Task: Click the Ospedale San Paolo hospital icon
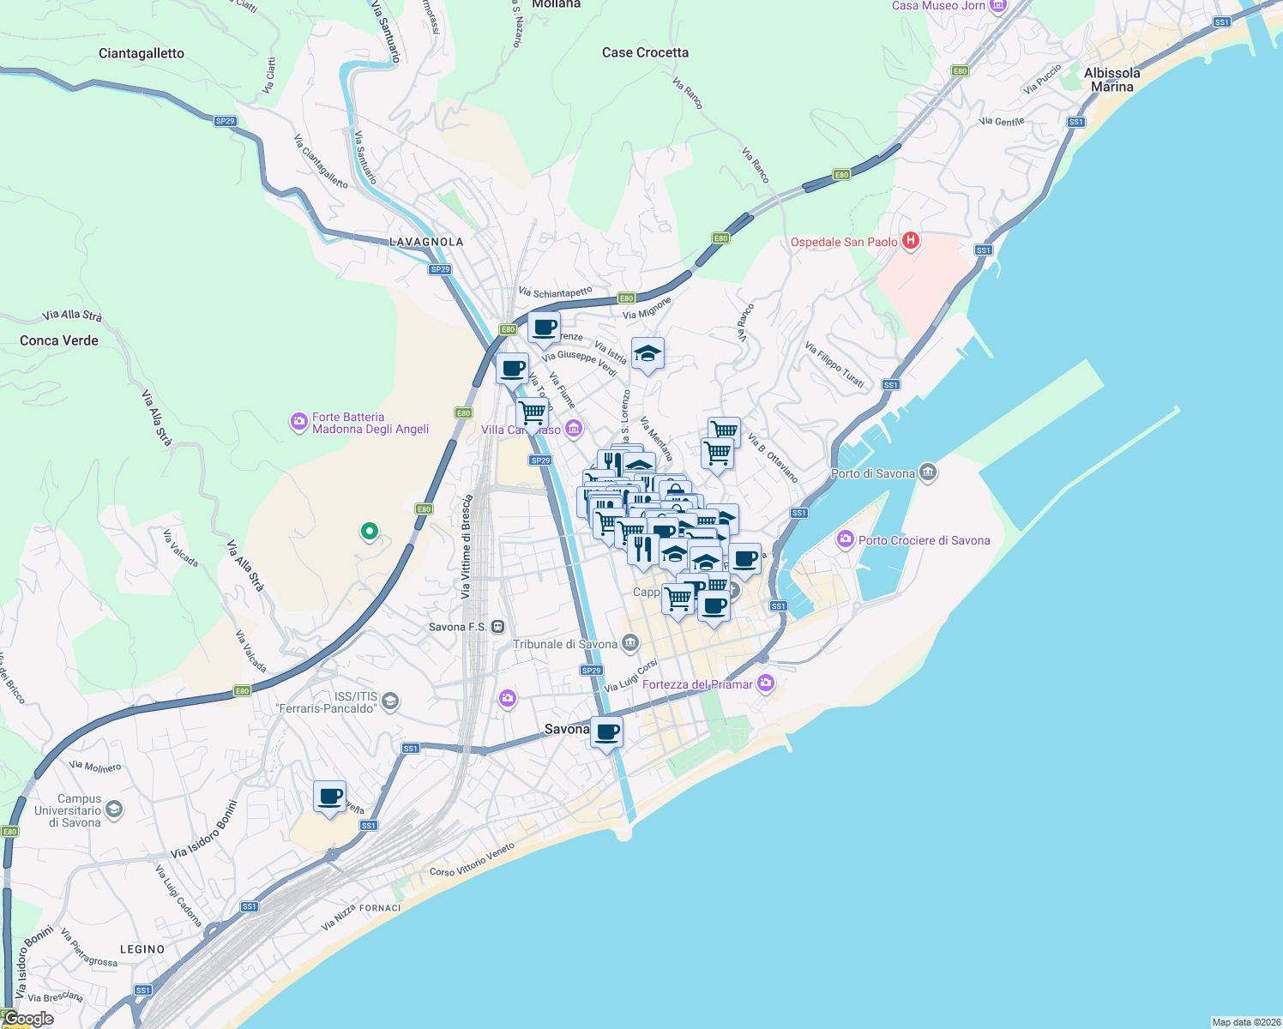[x=911, y=242]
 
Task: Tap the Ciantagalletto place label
[x=142, y=53]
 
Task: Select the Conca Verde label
[x=59, y=340]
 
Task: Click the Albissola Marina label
[x=1111, y=80]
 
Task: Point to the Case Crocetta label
[x=645, y=52]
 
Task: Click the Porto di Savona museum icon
[x=927, y=472]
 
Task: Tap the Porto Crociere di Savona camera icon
[x=846, y=539]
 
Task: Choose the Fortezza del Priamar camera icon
[x=766, y=683]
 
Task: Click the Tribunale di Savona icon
[x=630, y=643]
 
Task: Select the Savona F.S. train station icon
[x=498, y=627]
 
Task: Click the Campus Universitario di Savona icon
[x=114, y=809]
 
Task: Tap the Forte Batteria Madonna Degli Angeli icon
[x=298, y=422]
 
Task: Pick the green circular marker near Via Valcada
[x=370, y=532]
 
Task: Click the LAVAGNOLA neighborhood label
[x=426, y=242]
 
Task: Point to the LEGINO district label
[x=142, y=949]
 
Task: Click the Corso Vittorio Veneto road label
[x=472, y=860]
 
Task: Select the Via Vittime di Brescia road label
[x=467, y=546]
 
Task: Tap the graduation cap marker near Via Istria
[x=648, y=353]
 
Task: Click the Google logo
[x=29, y=1019]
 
